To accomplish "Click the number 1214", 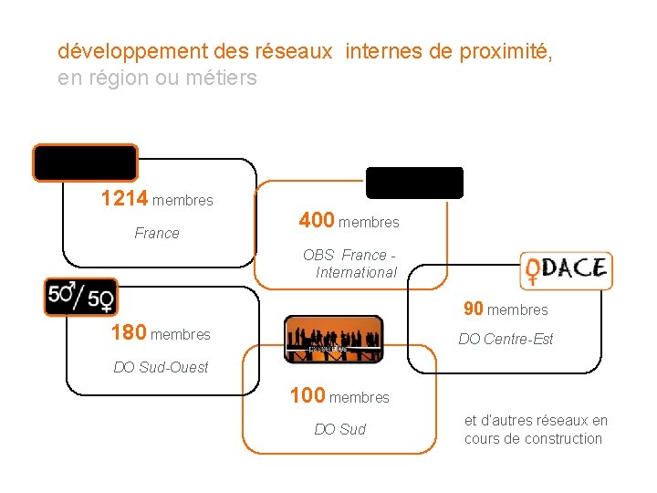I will tap(124, 198).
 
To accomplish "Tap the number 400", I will tap(317, 220).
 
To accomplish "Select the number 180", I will tap(128, 333).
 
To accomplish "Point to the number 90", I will tap(473, 309).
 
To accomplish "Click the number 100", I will tap(308, 395).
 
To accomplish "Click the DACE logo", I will tap(566, 271).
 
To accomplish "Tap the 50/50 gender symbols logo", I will tap(80, 297).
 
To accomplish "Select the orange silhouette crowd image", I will tap(333, 338).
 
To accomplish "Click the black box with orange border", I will tap(86, 163).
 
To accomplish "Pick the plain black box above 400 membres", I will tap(414, 183).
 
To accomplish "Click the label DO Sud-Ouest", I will tap(161, 367).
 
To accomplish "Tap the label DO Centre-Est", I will tap(506, 339).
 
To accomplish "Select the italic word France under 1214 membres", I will tap(157, 233).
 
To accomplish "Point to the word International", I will tap(356, 272).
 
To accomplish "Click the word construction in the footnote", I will tap(558, 438).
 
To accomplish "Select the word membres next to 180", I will tap(181, 335).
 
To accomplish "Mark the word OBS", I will tap(318, 255).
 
